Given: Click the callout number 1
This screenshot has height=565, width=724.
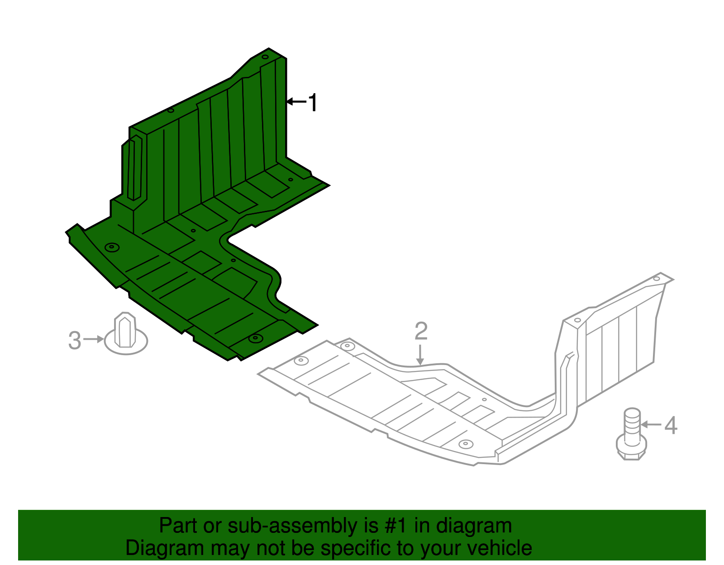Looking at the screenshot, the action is [x=313, y=102].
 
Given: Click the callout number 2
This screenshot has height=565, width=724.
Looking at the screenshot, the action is [x=421, y=331].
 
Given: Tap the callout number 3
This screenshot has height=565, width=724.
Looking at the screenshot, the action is [x=75, y=340].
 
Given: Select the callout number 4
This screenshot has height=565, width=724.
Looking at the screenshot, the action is [x=671, y=425].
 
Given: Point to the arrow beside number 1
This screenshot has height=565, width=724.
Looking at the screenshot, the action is [x=296, y=101].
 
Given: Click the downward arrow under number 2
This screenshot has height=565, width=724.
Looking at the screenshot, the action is [x=420, y=355].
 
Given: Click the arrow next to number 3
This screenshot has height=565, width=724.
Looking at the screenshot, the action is [x=94, y=339].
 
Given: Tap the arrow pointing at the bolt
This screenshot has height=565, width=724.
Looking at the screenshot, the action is [x=651, y=424].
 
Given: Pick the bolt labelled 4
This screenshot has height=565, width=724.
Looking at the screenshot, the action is [x=631, y=434].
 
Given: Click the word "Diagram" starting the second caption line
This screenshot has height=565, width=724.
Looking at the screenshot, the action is [x=165, y=548].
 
